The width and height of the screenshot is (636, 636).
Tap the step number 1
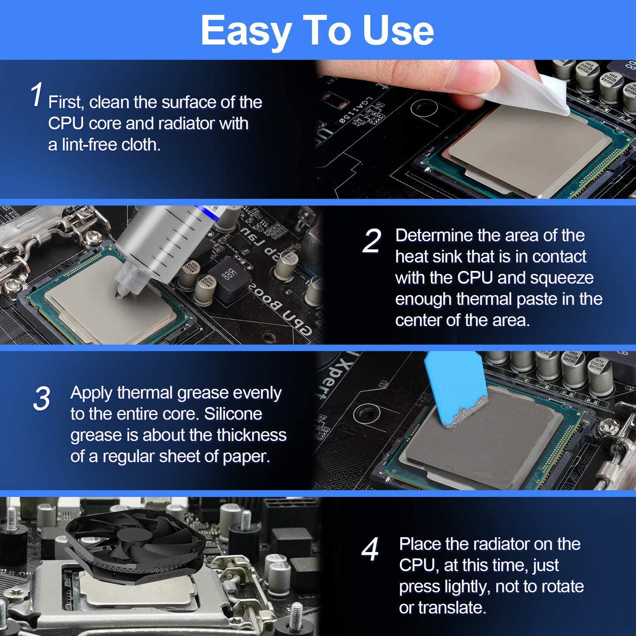tap(37, 95)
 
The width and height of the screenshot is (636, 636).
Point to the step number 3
tap(42, 399)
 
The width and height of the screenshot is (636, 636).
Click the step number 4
tap(370, 550)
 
